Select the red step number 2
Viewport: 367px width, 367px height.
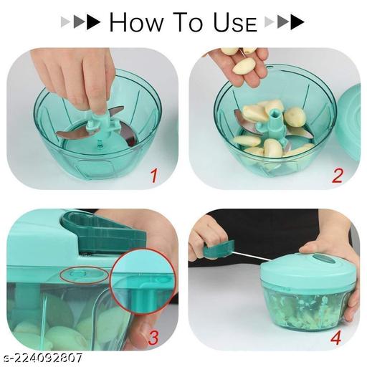coord(337,174)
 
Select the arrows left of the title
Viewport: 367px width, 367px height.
coord(80,22)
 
